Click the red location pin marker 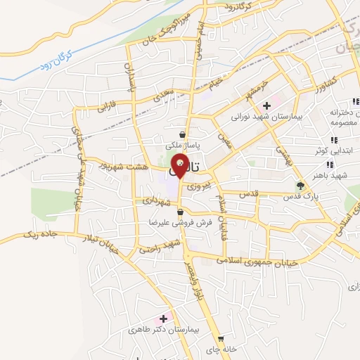180,165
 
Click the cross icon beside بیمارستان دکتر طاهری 165,319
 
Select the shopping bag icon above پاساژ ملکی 183,134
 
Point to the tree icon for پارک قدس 301,186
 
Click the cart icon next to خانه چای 219,338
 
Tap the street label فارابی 106,108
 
